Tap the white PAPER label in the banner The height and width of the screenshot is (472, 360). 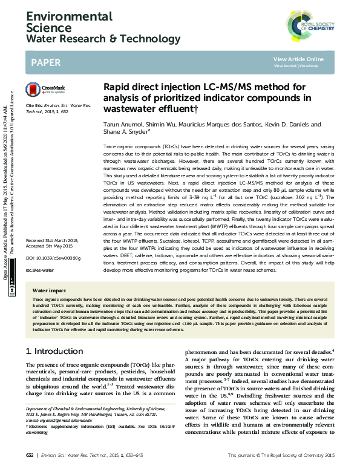point(45,62)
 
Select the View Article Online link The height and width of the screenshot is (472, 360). point(298,59)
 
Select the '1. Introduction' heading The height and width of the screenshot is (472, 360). point(54,351)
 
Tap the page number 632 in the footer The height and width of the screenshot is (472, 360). point(30,455)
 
